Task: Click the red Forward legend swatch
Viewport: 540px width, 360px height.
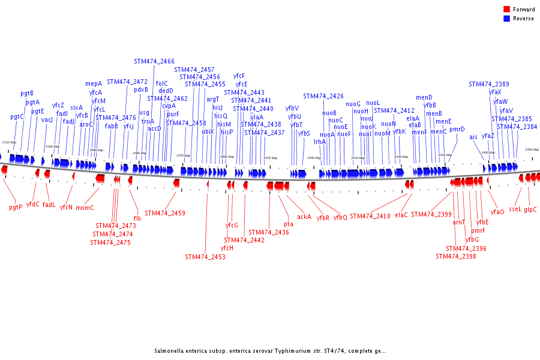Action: (x=506, y=10)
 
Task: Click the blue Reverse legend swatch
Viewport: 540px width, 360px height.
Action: (x=506, y=19)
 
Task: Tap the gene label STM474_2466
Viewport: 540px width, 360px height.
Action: (x=154, y=61)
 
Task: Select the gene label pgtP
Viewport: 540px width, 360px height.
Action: (x=16, y=207)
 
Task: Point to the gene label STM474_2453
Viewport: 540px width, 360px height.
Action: (x=205, y=257)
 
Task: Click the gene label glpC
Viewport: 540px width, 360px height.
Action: (x=530, y=209)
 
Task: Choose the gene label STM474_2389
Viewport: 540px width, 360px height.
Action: (x=489, y=84)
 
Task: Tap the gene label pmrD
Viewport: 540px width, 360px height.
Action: (x=457, y=129)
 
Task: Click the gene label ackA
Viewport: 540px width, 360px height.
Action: (x=304, y=216)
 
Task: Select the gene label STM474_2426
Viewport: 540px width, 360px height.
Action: (x=323, y=96)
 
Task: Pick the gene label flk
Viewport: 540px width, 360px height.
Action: (x=137, y=218)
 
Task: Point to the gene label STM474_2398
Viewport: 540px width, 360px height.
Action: (x=456, y=256)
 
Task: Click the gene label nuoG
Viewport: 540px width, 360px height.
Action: (x=353, y=104)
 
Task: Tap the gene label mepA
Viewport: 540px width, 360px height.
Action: (x=94, y=84)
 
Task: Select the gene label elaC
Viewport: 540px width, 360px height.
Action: (x=401, y=214)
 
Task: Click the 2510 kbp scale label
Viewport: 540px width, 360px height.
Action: (x=9, y=142)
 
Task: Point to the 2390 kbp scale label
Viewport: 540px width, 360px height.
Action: (x=532, y=149)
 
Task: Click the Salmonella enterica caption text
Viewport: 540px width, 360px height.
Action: (x=270, y=351)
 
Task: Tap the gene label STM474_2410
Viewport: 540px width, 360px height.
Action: (x=370, y=216)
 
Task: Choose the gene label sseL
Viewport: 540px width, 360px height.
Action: (x=515, y=209)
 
